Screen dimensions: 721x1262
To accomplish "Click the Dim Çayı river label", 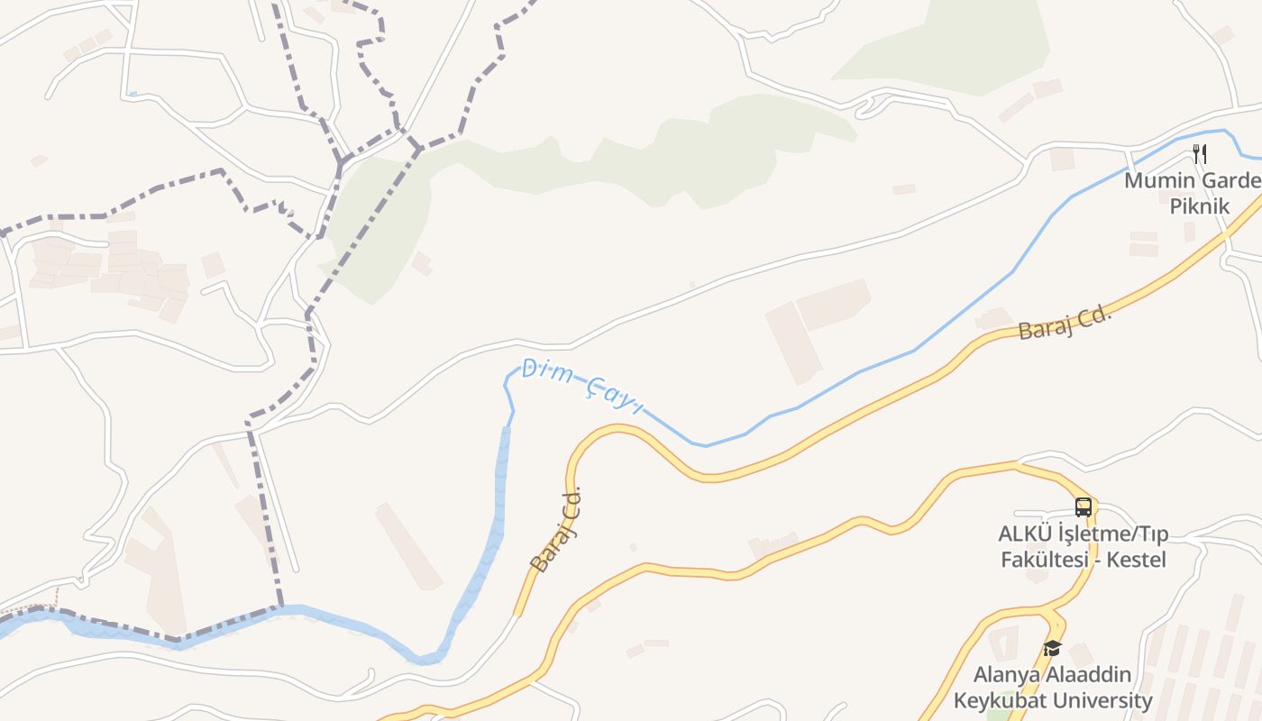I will click(x=581, y=386).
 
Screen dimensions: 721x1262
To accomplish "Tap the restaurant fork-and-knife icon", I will click(x=1199, y=153).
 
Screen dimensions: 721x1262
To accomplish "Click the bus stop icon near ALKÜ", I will click(x=1083, y=507).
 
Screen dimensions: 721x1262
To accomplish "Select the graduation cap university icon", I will click(x=1052, y=648).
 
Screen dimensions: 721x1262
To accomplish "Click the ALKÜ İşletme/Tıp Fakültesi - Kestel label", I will click(x=1083, y=546).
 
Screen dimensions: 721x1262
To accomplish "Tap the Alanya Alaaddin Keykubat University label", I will click(x=1053, y=688).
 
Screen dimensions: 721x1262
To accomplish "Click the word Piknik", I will click(x=1199, y=205).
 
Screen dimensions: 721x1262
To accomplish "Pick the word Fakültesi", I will click(x=1041, y=560).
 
